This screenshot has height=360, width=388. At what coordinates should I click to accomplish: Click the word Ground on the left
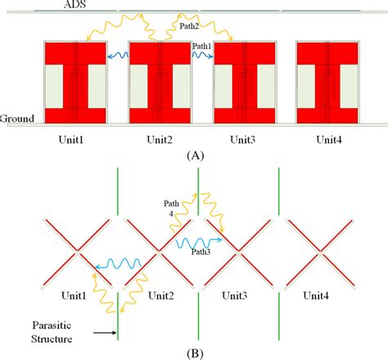17,119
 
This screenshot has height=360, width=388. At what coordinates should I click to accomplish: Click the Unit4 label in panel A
327,140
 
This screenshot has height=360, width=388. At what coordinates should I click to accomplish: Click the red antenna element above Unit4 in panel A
327,81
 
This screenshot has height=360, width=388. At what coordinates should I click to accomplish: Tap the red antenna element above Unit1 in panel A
75,81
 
